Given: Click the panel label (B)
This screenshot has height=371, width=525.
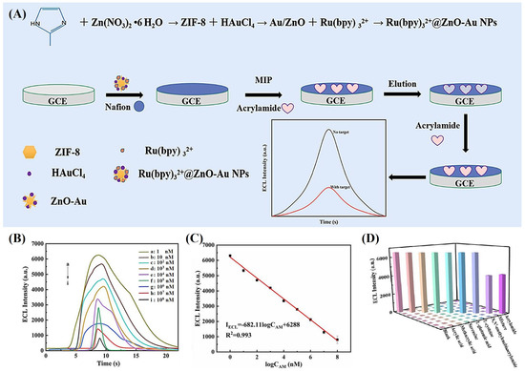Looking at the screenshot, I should (x=14, y=236).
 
